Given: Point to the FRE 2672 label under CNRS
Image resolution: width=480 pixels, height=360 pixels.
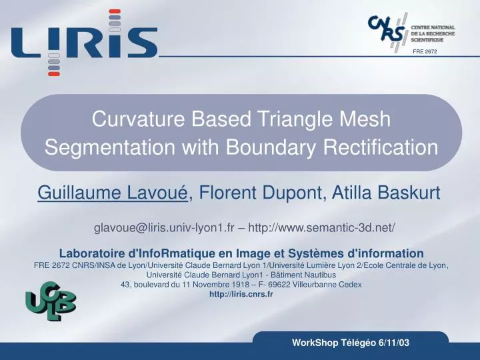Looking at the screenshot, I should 425,51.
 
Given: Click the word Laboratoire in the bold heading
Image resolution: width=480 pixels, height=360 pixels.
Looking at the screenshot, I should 91,253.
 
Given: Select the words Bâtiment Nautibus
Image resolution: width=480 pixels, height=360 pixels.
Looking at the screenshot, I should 306,274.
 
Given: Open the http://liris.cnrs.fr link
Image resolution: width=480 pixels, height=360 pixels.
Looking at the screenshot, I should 241,294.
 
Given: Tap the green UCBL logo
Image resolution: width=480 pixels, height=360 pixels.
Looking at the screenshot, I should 51,301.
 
